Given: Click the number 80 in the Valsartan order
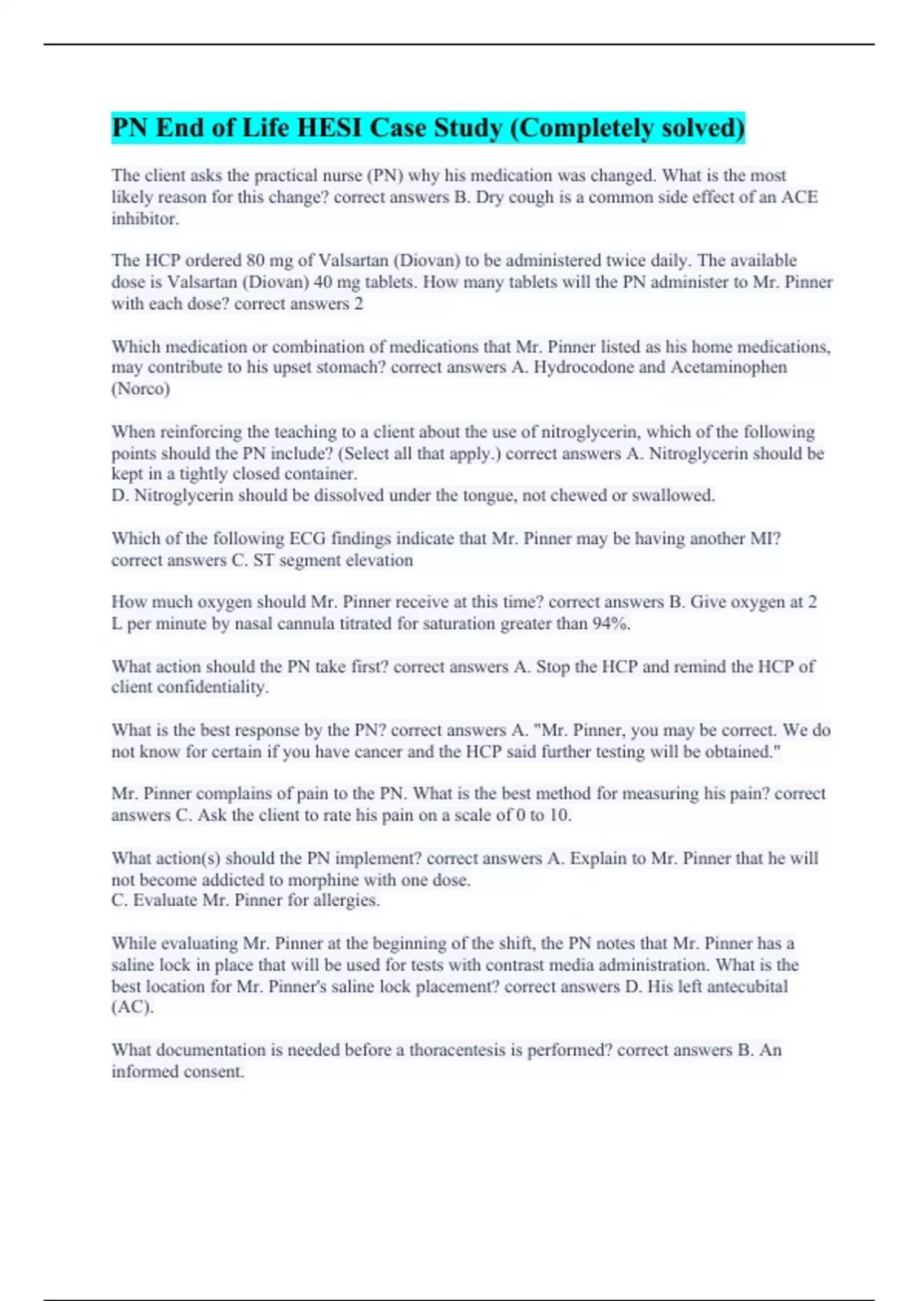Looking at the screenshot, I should [255, 261].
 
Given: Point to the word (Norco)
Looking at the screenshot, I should [140, 389].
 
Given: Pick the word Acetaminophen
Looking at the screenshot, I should [728, 367].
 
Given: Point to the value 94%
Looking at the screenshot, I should [611, 624].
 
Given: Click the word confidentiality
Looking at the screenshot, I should [212, 687].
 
